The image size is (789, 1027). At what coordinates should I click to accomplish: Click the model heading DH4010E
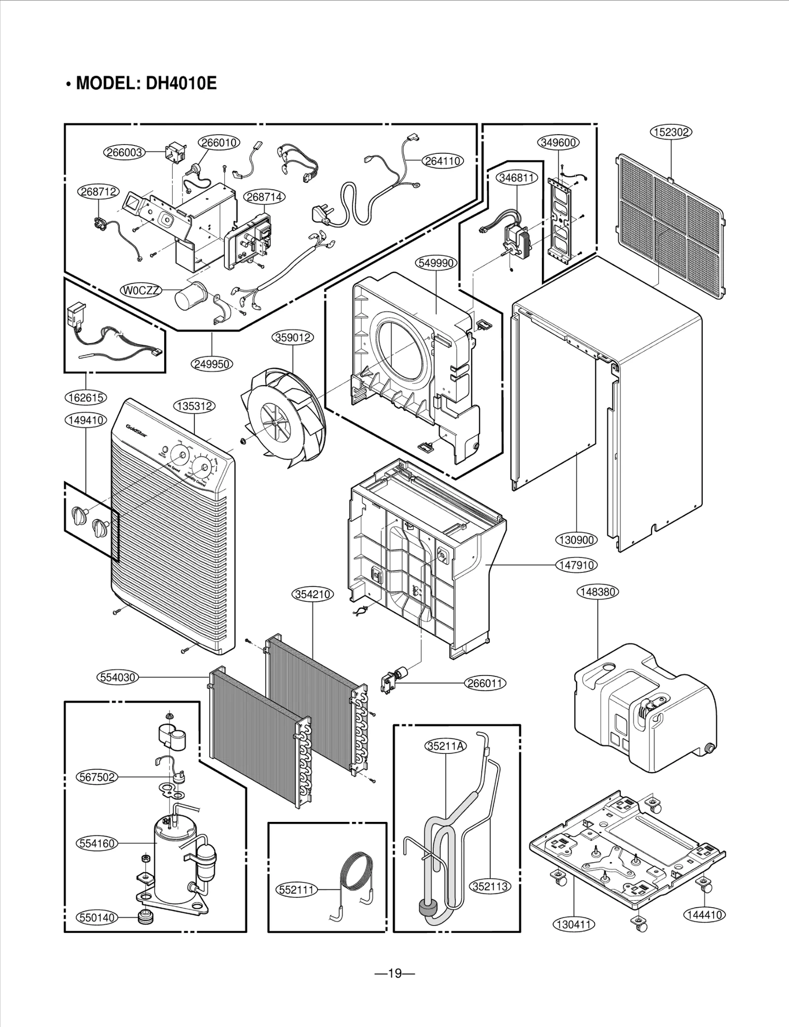[141, 83]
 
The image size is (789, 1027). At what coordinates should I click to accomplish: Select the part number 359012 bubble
[293, 338]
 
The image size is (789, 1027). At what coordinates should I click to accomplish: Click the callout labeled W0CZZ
[141, 291]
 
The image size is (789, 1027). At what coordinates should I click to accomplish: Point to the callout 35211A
[445, 745]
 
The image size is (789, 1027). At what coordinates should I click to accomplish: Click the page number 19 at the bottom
[394, 973]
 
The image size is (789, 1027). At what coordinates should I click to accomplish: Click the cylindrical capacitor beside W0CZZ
[190, 297]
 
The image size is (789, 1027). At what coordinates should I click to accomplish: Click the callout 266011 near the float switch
[486, 683]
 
